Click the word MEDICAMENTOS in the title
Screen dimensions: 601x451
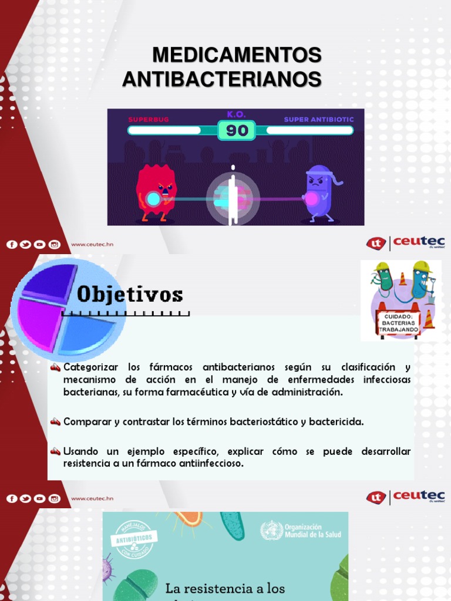point(237,55)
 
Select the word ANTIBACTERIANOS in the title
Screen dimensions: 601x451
point(222,79)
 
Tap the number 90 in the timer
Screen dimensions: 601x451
point(237,130)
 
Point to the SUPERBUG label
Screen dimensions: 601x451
point(148,119)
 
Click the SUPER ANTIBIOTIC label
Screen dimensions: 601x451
point(319,119)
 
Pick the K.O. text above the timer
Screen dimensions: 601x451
point(236,114)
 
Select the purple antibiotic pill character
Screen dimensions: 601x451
point(318,191)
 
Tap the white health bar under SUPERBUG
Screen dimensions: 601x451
point(165,130)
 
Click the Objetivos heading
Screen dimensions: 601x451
point(130,295)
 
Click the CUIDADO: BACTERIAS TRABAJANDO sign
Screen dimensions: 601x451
point(398,323)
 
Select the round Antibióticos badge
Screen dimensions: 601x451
point(134,538)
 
